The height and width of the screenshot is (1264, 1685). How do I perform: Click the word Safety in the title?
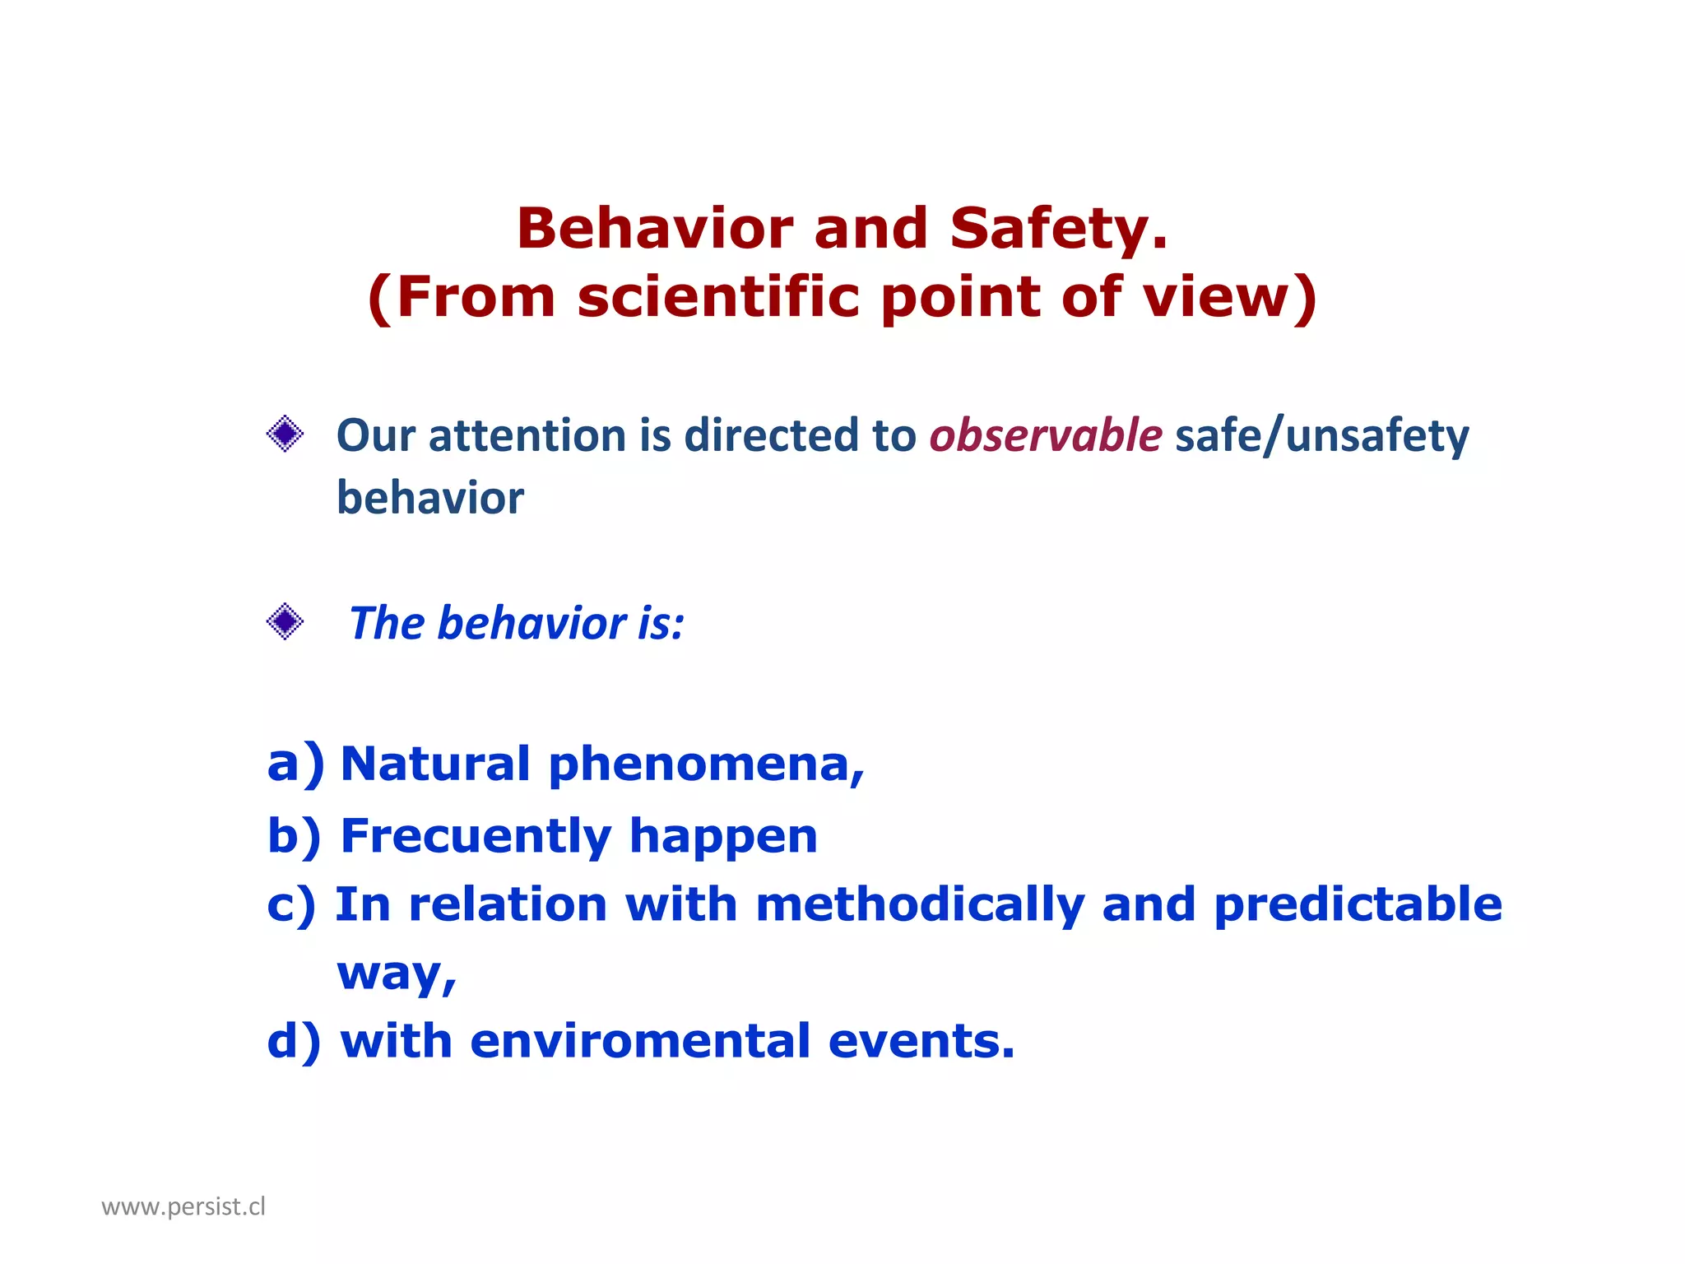pyautogui.click(x=1058, y=229)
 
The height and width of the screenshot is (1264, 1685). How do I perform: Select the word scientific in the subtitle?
pyautogui.click(x=718, y=297)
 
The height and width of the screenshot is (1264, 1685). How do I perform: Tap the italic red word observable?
pyautogui.click(x=1045, y=435)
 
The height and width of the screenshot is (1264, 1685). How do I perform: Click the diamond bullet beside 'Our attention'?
pyautogui.click(x=285, y=434)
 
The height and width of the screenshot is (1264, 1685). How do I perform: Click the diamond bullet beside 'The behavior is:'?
pyautogui.click(x=285, y=621)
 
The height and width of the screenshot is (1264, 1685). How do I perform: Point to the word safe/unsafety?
pyautogui.click(x=1321, y=435)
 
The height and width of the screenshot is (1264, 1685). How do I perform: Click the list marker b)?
pyautogui.click(x=294, y=836)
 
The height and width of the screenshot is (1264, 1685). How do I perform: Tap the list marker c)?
pyautogui.click(x=291, y=905)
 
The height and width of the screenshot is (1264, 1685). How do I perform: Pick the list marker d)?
pyautogui.click(x=294, y=1042)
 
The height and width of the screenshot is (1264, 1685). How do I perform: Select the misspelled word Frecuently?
pyautogui.click(x=476, y=837)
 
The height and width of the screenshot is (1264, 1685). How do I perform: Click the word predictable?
pyautogui.click(x=1358, y=905)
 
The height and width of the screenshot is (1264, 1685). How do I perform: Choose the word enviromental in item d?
pyautogui.click(x=640, y=1042)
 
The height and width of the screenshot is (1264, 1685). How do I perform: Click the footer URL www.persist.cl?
pyautogui.click(x=183, y=1206)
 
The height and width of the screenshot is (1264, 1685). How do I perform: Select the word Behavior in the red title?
pyautogui.click(x=655, y=229)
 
